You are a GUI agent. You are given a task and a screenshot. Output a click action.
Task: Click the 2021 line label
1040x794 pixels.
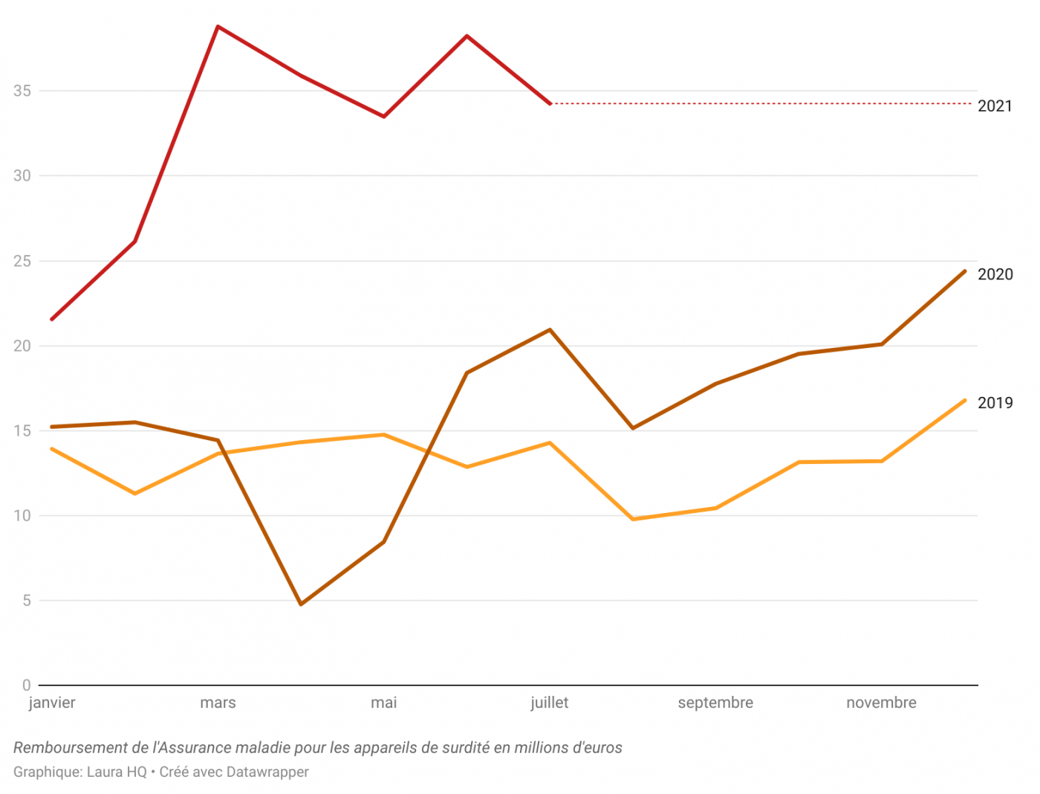(995, 106)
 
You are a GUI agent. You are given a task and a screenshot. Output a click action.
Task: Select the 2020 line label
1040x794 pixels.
(995, 275)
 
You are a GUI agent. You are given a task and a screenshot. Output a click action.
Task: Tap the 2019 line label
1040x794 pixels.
(995, 403)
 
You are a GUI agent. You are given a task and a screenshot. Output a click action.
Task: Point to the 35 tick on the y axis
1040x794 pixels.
(22, 91)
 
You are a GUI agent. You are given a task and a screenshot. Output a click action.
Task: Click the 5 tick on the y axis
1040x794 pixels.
(27, 601)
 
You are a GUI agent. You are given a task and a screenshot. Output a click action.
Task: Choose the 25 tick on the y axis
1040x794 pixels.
(22, 261)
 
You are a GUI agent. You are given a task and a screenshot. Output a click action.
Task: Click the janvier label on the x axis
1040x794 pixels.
(52, 703)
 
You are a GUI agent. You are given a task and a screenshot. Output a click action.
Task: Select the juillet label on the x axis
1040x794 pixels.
(550, 703)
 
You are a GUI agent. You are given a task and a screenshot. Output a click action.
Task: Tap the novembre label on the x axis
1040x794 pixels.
(881, 703)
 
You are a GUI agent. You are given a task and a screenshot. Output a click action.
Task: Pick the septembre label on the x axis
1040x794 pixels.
(715, 703)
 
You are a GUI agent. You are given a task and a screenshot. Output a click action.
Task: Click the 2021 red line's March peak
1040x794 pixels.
(218, 27)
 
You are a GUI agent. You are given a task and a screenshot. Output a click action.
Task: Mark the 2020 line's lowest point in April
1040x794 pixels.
(301, 604)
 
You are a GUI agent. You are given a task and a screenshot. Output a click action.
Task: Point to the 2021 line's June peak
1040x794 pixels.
(467, 36)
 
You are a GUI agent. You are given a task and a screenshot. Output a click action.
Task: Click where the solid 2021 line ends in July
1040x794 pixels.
(550, 103)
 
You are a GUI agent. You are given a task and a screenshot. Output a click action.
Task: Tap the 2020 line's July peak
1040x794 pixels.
(550, 329)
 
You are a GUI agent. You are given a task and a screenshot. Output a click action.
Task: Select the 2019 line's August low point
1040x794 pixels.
(633, 519)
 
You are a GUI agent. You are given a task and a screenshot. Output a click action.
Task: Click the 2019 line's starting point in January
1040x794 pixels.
(52, 448)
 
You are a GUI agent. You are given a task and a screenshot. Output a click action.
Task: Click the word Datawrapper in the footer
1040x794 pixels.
(267, 772)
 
